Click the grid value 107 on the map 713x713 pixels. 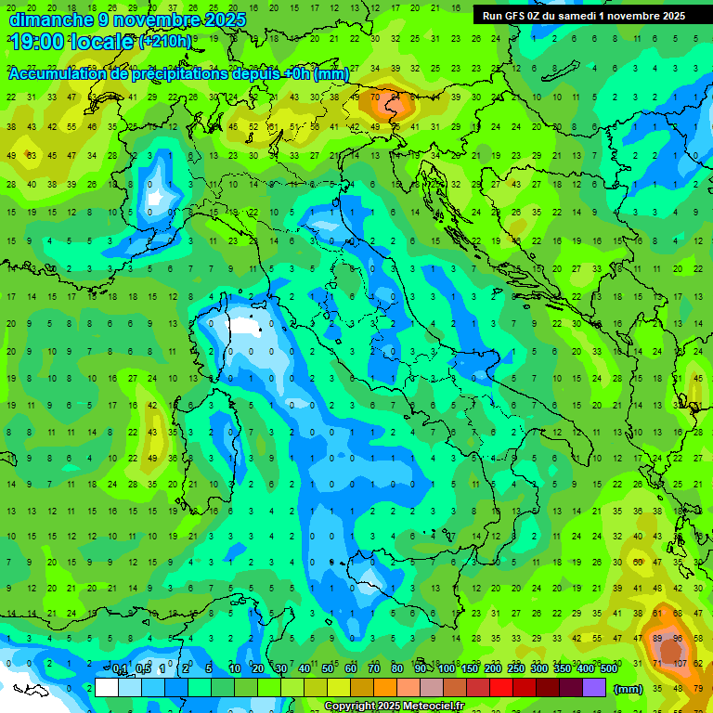tap(680, 664)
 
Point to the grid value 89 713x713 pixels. tap(658, 639)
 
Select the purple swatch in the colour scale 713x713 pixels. tap(594, 687)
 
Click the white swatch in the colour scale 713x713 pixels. tap(107, 687)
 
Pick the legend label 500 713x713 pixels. tap(608, 669)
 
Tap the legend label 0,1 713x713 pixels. tap(121, 669)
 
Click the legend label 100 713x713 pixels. tap(447, 669)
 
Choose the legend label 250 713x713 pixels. tap(516, 669)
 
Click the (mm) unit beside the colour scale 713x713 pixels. tap(629, 688)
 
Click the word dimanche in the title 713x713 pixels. tap(51, 19)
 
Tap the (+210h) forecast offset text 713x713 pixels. tap(165, 42)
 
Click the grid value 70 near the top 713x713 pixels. tap(375, 97)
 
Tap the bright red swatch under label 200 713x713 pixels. tap(501, 687)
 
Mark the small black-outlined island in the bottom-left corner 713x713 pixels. tap(34, 690)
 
